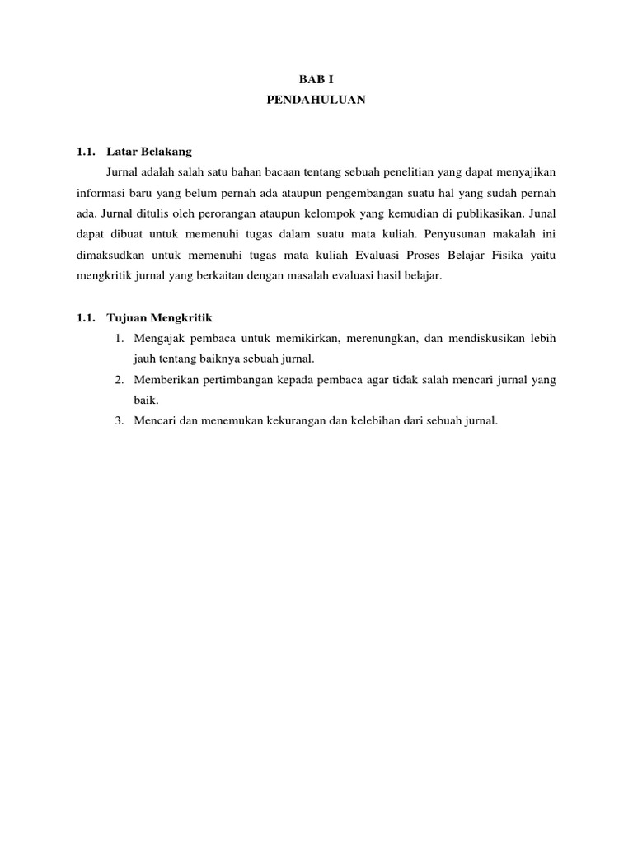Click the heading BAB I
(x=316, y=79)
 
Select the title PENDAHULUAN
(x=316, y=100)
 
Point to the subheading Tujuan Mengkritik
(x=160, y=317)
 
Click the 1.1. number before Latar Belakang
(x=86, y=152)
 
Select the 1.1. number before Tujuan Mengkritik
(x=86, y=317)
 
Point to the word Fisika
(x=504, y=255)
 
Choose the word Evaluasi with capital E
(x=370, y=255)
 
